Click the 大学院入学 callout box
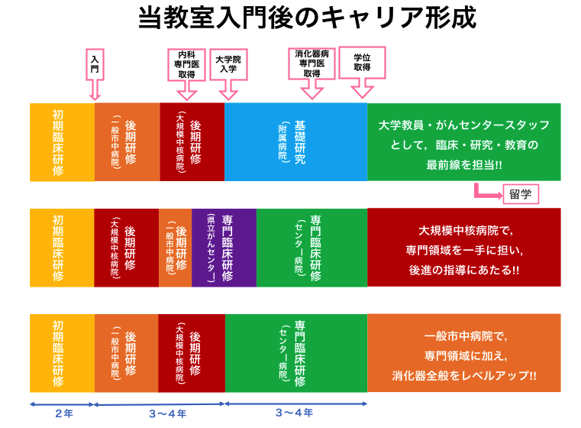[x=228, y=63]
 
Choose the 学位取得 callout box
[x=362, y=63]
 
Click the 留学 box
[x=519, y=194]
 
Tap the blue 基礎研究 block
[x=295, y=142]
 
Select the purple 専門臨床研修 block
[x=223, y=248]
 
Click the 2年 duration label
[x=63, y=413]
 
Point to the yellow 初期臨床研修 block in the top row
[x=62, y=142]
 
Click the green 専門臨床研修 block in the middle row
[x=311, y=248]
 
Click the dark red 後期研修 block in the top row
[x=192, y=142]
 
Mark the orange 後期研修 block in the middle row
[x=175, y=248]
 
